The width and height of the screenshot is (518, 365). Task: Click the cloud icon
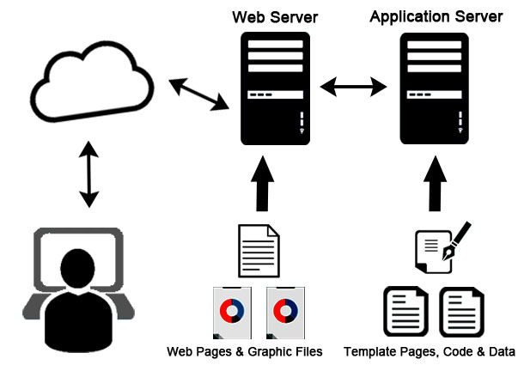click(90, 82)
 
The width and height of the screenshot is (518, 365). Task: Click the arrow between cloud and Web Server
click(198, 94)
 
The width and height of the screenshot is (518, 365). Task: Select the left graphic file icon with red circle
click(231, 311)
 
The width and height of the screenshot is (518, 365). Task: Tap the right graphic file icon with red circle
click(287, 311)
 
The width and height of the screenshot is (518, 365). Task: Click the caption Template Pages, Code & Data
click(430, 351)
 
